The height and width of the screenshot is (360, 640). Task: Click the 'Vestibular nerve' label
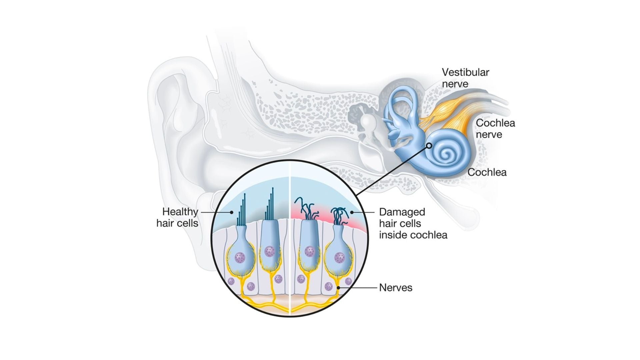click(465, 78)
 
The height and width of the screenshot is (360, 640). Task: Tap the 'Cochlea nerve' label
click(495, 129)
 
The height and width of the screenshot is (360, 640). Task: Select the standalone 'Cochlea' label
click(487, 172)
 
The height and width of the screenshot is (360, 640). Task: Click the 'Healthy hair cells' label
click(177, 217)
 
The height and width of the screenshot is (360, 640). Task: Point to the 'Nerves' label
click(396, 288)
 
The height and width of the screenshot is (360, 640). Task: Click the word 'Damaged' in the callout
click(402, 212)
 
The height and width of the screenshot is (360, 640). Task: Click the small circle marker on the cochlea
click(429, 146)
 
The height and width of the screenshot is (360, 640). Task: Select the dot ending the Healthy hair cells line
click(231, 212)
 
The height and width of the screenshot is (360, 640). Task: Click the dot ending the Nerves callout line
click(339, 288)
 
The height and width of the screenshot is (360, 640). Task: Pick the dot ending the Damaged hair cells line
click(352, 212)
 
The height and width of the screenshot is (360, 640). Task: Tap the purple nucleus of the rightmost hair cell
click(339, 257)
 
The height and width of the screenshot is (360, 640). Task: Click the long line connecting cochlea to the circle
click(393, 170)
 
